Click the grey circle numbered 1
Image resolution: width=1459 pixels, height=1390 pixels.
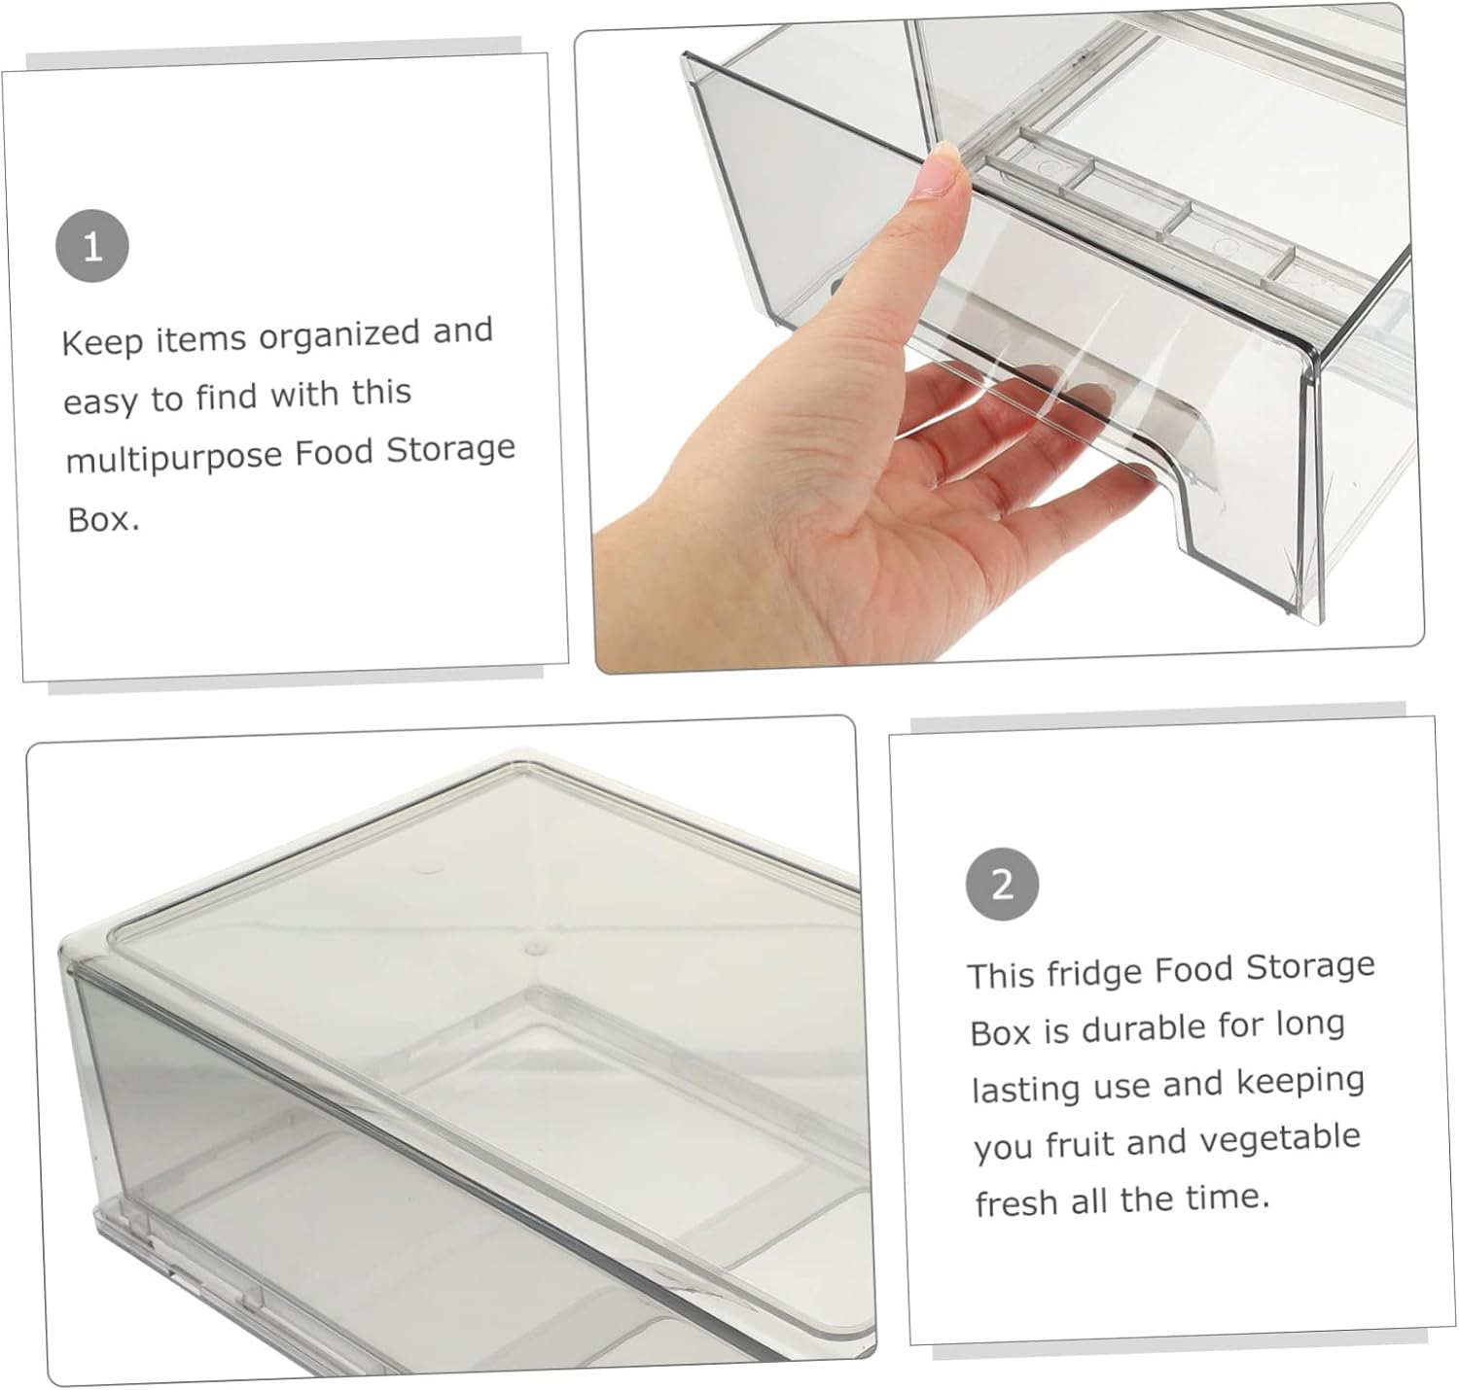92,247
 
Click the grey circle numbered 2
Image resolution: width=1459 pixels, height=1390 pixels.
1002,884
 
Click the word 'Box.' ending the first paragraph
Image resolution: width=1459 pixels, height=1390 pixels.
103,519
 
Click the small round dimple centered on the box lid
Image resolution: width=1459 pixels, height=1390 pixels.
533,943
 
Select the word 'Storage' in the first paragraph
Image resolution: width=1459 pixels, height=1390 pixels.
450,450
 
